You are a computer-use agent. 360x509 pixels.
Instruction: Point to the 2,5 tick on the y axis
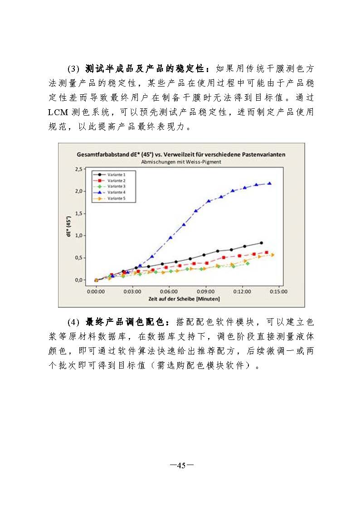[x=78, y=169]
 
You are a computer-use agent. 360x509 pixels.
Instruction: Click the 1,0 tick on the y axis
[x=78, y=236]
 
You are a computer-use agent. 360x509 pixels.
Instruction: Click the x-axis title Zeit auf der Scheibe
[x=184, y=299]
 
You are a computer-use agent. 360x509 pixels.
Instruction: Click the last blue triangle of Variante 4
[x=269, y=184]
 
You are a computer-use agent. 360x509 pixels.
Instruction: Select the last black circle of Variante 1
[x=261, y=243]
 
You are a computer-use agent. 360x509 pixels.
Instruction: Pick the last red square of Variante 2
[x=267, y=252]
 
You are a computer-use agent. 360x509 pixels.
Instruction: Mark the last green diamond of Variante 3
[x=248, y=263]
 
